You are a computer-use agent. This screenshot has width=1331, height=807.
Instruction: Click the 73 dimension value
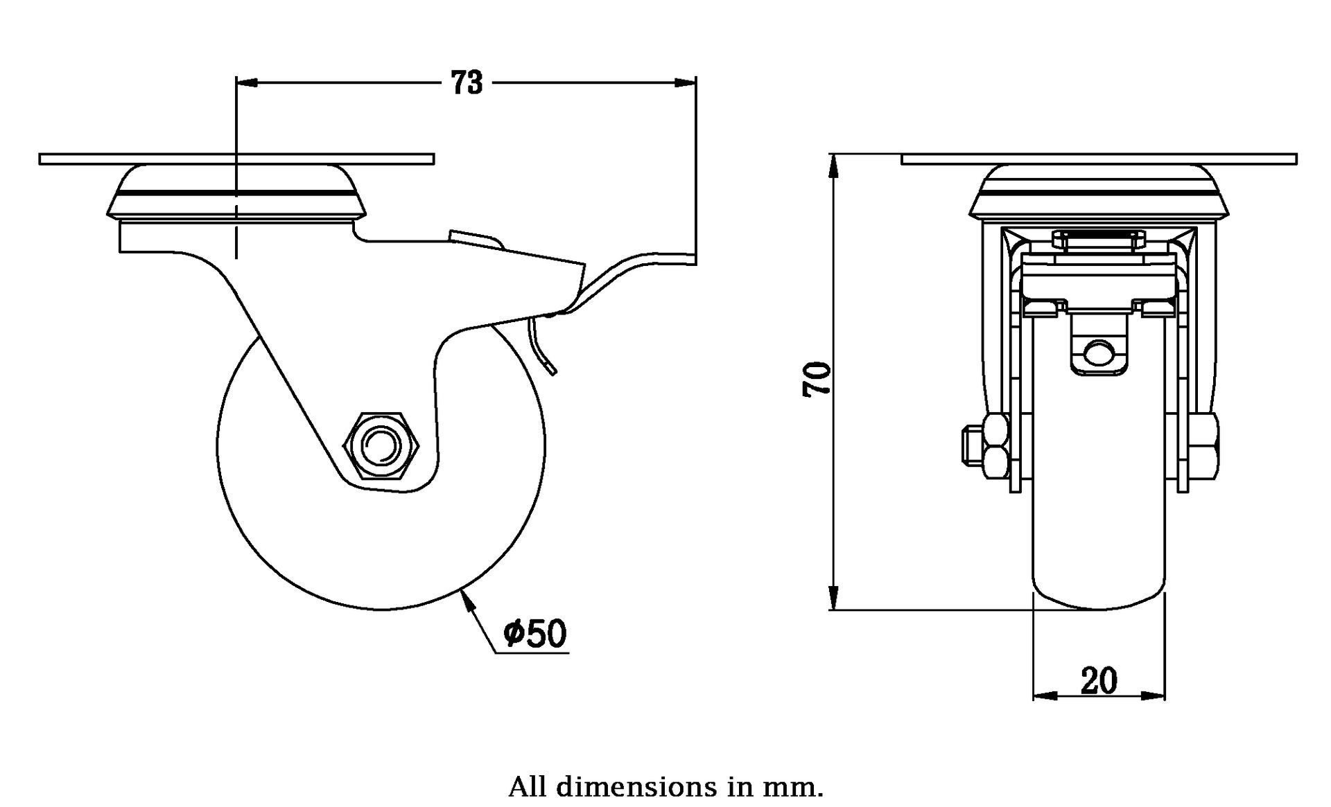(467, 83)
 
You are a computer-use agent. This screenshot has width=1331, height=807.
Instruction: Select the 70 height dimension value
(817, 379)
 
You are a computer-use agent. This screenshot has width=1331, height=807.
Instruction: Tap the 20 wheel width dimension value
(1099, 681)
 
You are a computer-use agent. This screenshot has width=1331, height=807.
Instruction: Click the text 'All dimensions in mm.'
(665, 787)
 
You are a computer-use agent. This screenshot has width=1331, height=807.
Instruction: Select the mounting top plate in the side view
(236, 159)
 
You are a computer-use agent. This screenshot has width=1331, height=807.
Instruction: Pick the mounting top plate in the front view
(1099, 159)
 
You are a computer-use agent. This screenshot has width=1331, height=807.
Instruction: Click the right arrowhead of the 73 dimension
(685, 83)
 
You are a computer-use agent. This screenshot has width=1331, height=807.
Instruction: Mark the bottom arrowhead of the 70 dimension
(835, 598)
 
